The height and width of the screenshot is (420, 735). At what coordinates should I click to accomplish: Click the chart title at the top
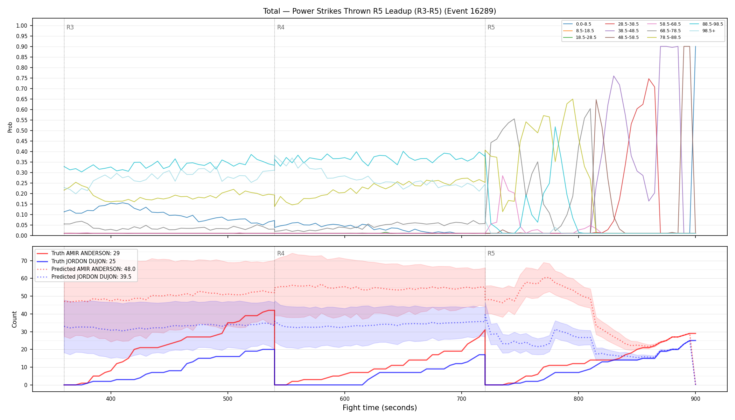coord(379,11)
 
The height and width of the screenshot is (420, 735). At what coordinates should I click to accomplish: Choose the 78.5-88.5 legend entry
coord(664,37)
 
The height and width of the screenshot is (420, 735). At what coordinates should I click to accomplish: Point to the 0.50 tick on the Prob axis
coord(22,131)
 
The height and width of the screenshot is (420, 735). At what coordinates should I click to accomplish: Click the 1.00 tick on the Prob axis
coord(22,26)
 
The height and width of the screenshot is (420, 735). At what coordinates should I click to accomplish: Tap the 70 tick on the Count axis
coord(24,261)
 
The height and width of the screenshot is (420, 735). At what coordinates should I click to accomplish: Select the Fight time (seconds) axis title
coord(380,408)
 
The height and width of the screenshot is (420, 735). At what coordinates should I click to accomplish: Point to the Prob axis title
coord(10,127)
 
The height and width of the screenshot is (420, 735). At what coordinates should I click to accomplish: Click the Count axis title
coord(14,319)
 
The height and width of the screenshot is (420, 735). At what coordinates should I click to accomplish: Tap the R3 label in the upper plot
coord(70,27)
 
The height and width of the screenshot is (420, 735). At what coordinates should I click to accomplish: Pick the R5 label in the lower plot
coord(491,253)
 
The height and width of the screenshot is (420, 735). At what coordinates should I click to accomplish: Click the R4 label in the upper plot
coord(281,27)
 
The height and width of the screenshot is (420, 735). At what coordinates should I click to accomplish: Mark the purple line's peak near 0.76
coord(614,76)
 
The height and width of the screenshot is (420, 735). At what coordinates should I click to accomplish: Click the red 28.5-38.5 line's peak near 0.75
coord(649,78)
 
